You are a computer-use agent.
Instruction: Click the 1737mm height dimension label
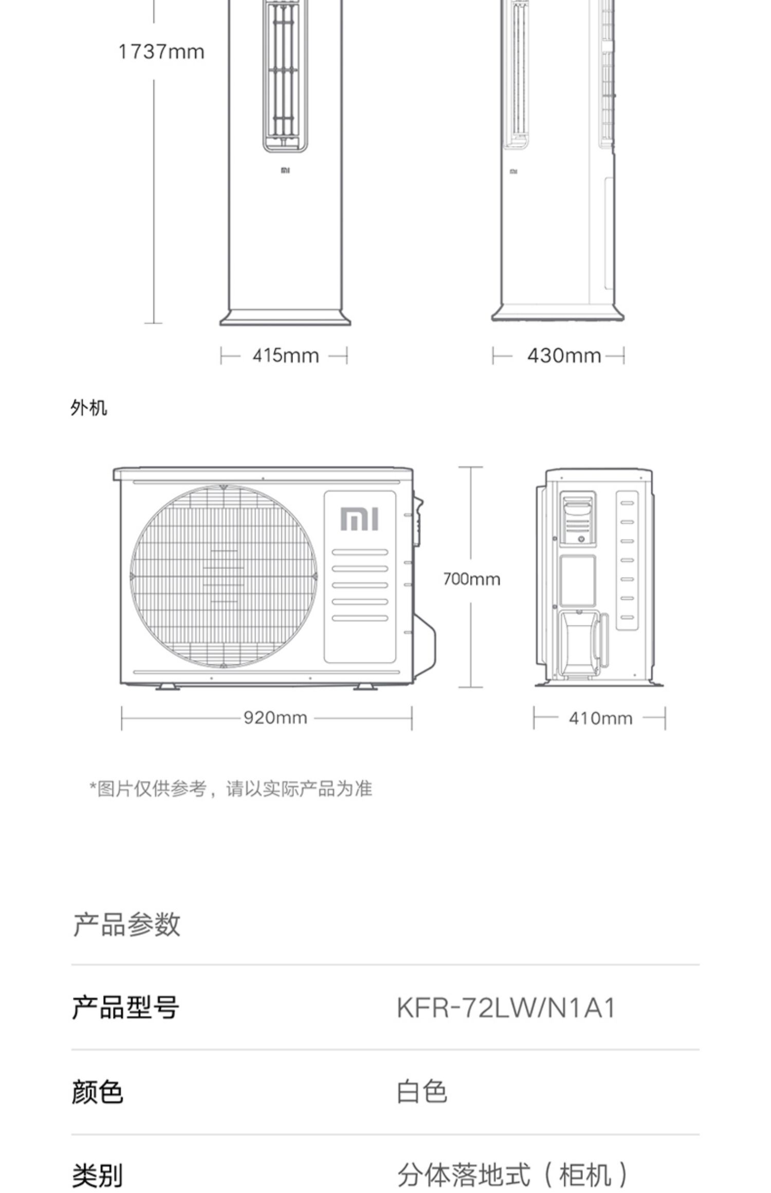point(161,52)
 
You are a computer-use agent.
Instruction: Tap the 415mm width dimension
point(285,356)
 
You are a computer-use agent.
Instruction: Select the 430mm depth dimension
point(564,356)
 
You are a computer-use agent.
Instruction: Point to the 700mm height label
point(471,579)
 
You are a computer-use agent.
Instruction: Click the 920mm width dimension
point(275,717)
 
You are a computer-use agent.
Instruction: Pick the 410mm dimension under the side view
point(600,718)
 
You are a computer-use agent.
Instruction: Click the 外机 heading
point(89,408)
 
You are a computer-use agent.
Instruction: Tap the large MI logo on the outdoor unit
point(359,519)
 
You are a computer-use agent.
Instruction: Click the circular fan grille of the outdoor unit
point(223,576)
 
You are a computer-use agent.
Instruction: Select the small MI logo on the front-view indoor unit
point(285,170)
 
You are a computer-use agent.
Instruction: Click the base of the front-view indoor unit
point(285,318)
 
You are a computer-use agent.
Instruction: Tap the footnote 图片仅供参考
point(231,788)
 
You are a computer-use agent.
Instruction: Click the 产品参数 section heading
point(126,925)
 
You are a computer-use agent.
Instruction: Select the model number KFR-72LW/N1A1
point(506,1008)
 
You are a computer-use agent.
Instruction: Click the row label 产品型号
point(125,1008)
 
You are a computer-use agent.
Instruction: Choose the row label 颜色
point(97,1092)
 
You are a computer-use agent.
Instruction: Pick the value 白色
point(421,1092)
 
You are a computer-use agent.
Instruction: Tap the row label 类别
point(97,1175)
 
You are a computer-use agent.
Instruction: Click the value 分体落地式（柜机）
point(512,1175)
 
